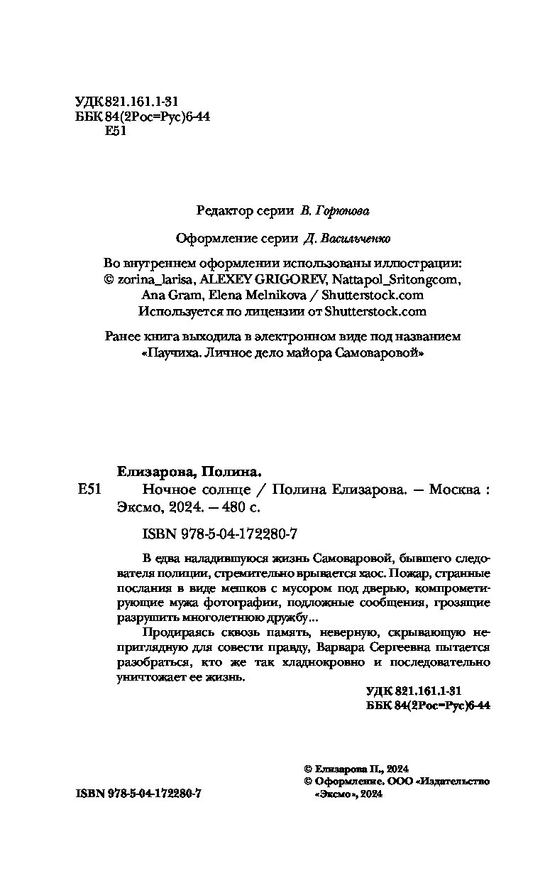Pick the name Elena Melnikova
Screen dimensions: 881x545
pyautogui.click(x=271, y=295)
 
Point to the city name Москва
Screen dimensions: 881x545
pyautogui.click(x=453, y=490)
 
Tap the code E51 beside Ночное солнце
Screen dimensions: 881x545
pyautogui.click(x=91, y=490)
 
